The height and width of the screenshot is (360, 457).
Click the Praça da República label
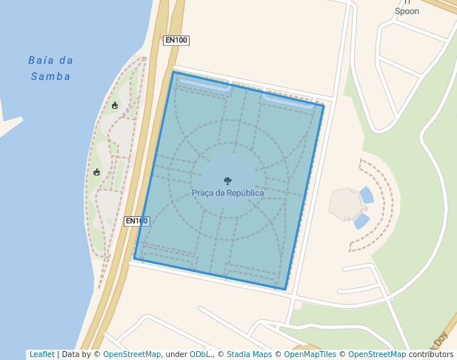[x=227, y=193]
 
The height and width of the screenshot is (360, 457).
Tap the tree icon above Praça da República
[x=227, y=180]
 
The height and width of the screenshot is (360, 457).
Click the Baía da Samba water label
[x=51, y=68]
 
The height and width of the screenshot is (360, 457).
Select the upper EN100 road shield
[x=176, y=40]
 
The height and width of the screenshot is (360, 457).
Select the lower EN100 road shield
[x=136, y=221]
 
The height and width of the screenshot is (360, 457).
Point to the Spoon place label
[x=407, y=11]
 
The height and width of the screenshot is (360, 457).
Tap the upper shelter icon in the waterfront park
[x=115, y=105]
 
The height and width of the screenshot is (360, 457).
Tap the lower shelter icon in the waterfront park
[x=97, y=172]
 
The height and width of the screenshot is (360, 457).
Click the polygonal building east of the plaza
[x=344, y=204]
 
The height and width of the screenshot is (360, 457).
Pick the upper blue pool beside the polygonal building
[x=367, y=195]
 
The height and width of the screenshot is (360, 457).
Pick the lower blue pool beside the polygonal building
[x=361, y=220]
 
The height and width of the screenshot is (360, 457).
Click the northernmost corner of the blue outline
[x=173, y=72]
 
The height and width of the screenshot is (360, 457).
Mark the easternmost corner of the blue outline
[x=324, y=106]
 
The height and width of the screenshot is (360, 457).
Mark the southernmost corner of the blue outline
[x=285, y=289]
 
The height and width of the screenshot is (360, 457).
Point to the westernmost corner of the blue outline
[x=134, y=258]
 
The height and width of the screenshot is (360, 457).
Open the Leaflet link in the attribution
[x=41, y=355]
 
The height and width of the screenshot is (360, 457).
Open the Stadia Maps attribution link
[x=249, y=355]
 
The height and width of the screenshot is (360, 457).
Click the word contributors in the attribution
[x=431, y=355]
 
